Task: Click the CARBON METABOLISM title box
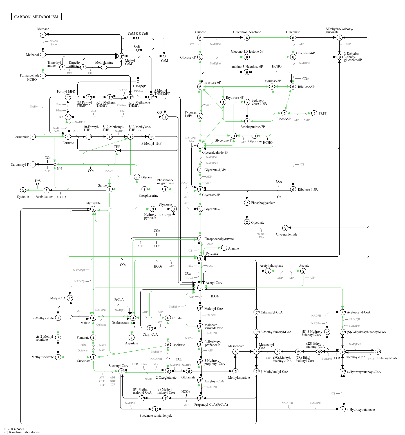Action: click(x=36, y=17)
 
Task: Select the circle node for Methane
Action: click(x=43, y=35)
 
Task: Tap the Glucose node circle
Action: click(x=200, y=38)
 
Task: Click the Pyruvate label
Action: click(x=212, y=254)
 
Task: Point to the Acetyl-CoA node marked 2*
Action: click(x=200, y=288)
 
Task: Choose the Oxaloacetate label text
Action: click(x=120, y=323)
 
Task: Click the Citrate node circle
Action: click(x=168, y=318)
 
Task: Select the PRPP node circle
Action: click(x=314, y=113)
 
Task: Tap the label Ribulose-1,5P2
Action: click(x=308, y=190)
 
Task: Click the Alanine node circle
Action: click(x=224, y=248)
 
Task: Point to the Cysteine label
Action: click(x=23, y=197)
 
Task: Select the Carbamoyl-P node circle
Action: click(x=33, y=165)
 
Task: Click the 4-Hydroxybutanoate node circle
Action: click(x=343, y=409)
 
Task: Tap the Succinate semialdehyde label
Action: click(x=156, y=416)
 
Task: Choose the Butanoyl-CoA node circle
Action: click(x=378, y=352)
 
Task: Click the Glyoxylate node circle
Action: click(x=93, y=209)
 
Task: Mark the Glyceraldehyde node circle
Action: click(x=285, y=228)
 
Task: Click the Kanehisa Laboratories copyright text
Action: click(x=22, y=432)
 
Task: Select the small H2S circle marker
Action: click(x=37, y=184)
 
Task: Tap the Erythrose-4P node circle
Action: click(x=223, y=102)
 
